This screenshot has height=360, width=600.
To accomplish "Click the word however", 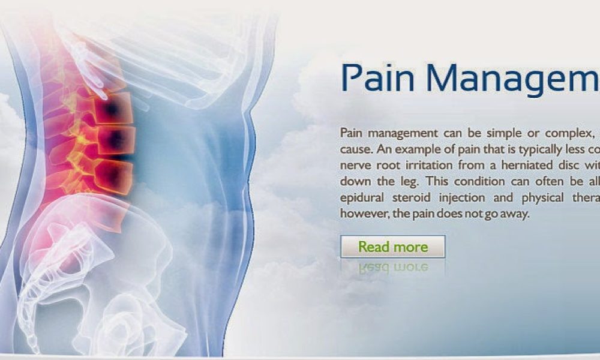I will coord(361,214).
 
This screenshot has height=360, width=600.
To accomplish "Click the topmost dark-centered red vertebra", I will coord(112,109).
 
